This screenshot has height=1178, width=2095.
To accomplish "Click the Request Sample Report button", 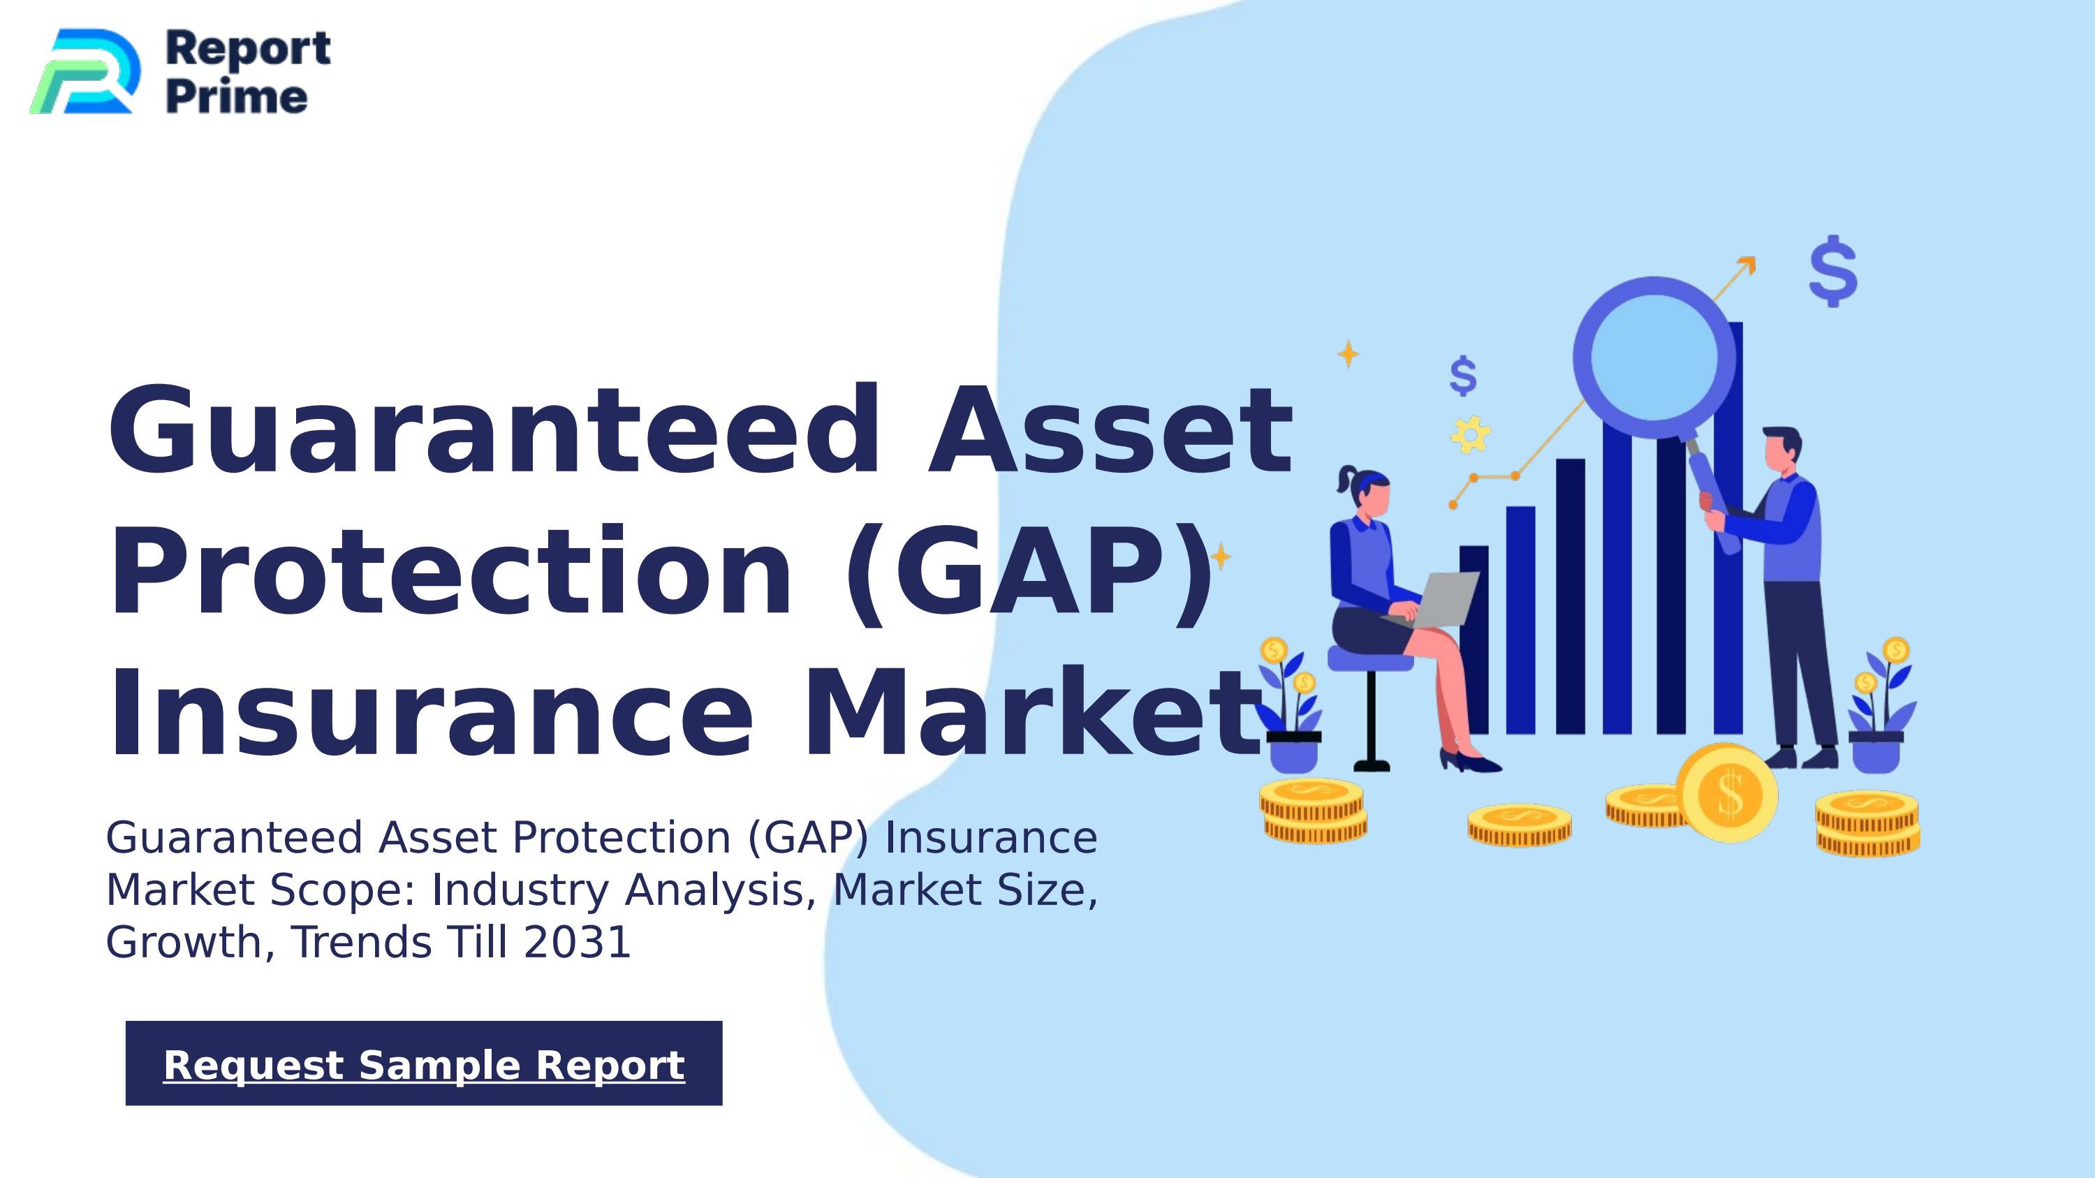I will [424, 1063].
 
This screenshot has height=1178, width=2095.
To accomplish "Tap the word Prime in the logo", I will [237, 98].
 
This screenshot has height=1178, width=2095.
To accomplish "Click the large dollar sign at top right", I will [1833, 271].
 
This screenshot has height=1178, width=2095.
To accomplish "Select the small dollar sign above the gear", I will [1463, 376].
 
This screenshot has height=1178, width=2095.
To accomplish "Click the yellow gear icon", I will [1471, 434].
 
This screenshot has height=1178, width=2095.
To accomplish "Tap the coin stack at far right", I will [1867, 823].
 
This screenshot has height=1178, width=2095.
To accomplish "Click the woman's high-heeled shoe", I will [1471, 762].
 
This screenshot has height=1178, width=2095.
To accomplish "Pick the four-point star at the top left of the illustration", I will [1348, 353].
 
